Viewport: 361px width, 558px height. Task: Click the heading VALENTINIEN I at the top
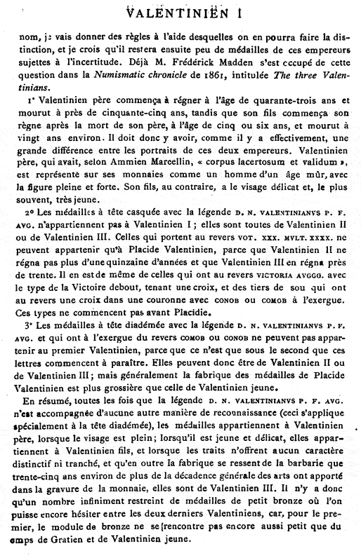click(180, 11)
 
